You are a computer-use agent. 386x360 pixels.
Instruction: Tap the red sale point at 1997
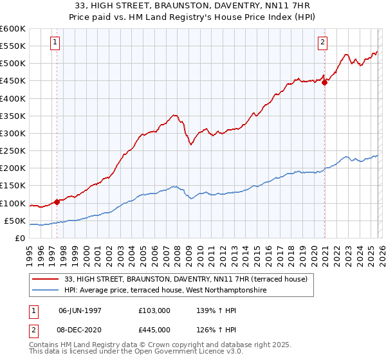tap(57, 202)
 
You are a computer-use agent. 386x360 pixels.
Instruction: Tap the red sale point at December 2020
tap(325, 82)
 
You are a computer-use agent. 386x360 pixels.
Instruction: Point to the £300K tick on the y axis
tap(13, 133)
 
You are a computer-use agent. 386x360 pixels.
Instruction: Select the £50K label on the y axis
tap(15, 221)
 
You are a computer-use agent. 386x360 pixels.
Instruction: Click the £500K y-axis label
tap(13, 63)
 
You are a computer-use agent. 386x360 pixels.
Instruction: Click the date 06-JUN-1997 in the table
tap(80, 310)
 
